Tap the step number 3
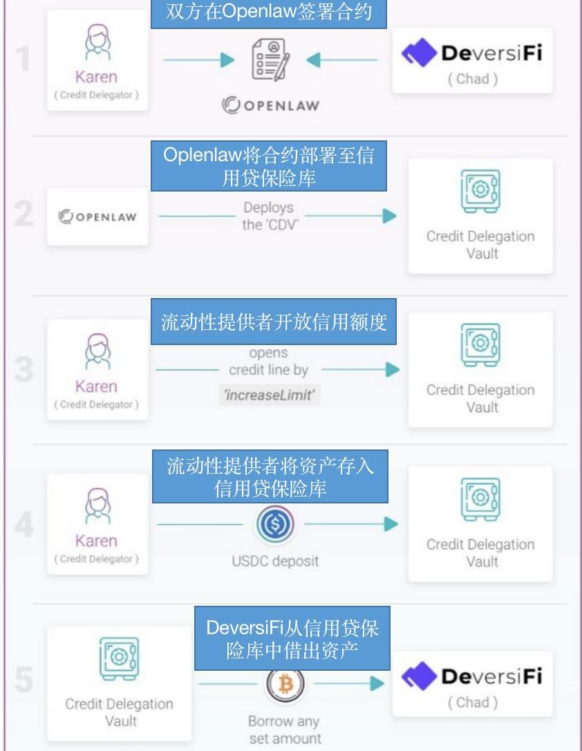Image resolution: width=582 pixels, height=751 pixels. pos(24,370)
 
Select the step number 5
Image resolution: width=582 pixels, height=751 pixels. pos(24,679)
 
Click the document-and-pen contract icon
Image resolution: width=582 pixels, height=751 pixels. pos(269,60)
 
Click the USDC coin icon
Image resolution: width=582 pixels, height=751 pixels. pos(274,525)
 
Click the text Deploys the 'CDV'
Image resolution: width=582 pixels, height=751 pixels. pos(268,216)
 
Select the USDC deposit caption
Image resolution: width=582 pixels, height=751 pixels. pos(275,560)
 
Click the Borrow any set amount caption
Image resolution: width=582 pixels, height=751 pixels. pos(284,730)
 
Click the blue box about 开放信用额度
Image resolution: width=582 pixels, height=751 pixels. pos(274,323)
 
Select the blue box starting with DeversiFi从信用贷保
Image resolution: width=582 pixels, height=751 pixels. pos(292,638)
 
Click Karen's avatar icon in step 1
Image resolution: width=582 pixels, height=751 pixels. pos(96,44)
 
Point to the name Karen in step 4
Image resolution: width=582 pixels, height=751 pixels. pos(96,540)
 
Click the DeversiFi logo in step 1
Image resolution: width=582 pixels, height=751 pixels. pos(472,54)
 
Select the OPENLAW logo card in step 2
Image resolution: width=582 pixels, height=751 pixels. pos(97,216)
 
